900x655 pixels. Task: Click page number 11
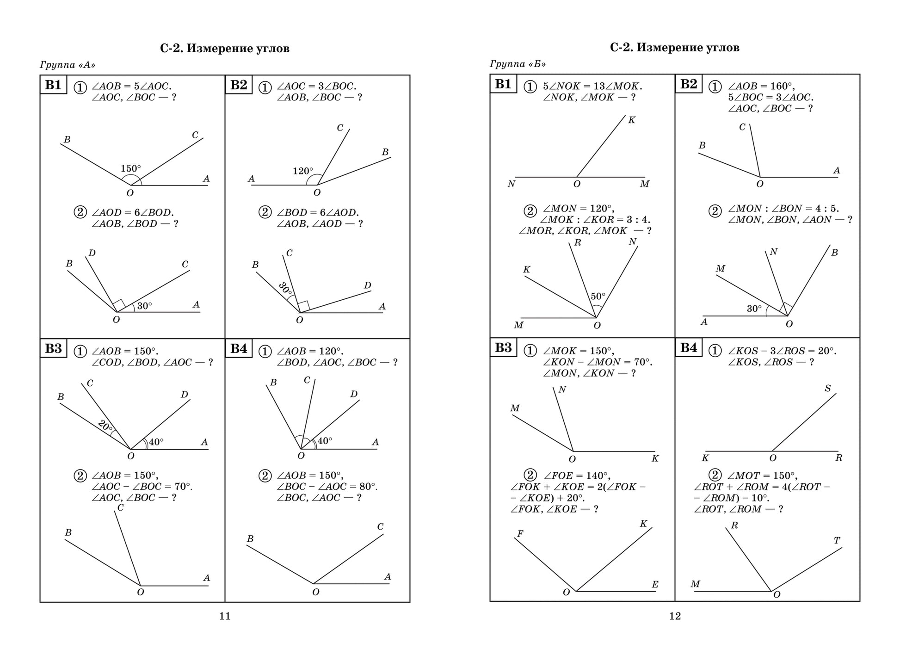(224, 616)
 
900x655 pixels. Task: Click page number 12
(675, 616)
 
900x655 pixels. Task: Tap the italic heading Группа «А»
(68, 65)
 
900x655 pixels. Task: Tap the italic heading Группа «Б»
(518, 64)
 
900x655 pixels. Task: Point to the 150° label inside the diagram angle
(130, 169)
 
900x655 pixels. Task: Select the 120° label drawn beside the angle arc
(302, 171)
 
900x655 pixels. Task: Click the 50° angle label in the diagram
(598, 297)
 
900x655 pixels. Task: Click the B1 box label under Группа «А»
(53, 85)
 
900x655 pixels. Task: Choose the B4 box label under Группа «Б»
(688, 348)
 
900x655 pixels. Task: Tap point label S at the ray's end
(827, 389)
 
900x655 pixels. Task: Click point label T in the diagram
(837, 540)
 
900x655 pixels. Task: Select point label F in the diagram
(520, 534)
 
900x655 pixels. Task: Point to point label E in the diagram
(655, 585)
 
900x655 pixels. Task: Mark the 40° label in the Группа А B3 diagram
(156, 442)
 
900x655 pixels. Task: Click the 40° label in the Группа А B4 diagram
(325, 441)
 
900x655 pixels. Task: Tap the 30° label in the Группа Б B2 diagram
(754, 309)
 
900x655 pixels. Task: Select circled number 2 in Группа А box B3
(80, 476)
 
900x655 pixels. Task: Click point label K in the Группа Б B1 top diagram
(631, 120)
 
